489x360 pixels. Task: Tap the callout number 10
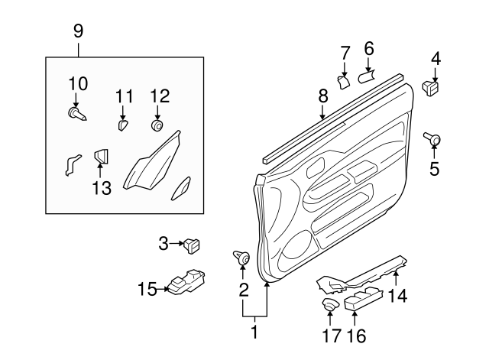tap(79, 83)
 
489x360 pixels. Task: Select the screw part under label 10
tap(76, 115)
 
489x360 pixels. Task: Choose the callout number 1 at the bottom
tap(255, 332)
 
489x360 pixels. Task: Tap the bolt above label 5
tap(432, 138)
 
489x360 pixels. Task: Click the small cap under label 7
tap(343, 79)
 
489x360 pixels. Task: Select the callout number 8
tap(322, 96)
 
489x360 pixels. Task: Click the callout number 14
tap(397, 294)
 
